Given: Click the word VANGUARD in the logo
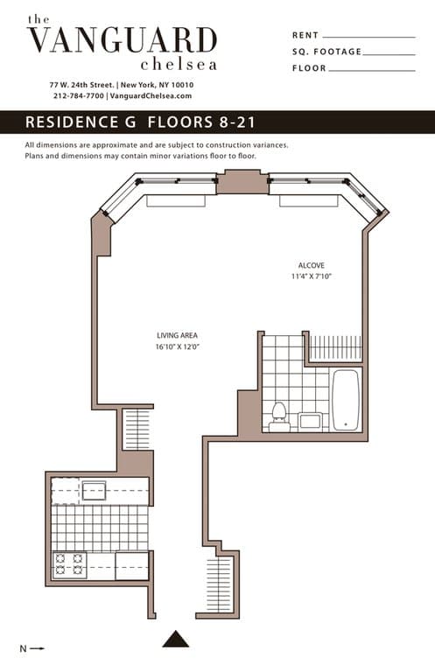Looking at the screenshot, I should point(122,40).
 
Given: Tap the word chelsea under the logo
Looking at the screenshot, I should point(179,64).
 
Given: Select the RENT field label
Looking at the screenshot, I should point(305,36).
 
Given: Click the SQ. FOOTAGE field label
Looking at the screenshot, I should point(326,52).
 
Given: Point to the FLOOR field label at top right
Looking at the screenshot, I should point(309,67).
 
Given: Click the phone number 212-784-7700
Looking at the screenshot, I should point(79,95).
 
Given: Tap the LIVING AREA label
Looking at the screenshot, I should point(174,335).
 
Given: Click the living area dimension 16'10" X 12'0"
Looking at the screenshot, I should point(174,346).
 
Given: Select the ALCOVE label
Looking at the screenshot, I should point(311,265).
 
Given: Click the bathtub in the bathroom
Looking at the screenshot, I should point(346,399).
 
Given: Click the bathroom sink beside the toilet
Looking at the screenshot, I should point(310,421).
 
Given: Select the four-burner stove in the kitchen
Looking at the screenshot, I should point(69,564).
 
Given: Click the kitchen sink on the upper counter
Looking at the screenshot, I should point(94,490).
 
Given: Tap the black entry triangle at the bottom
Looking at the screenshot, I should point(175,639).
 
